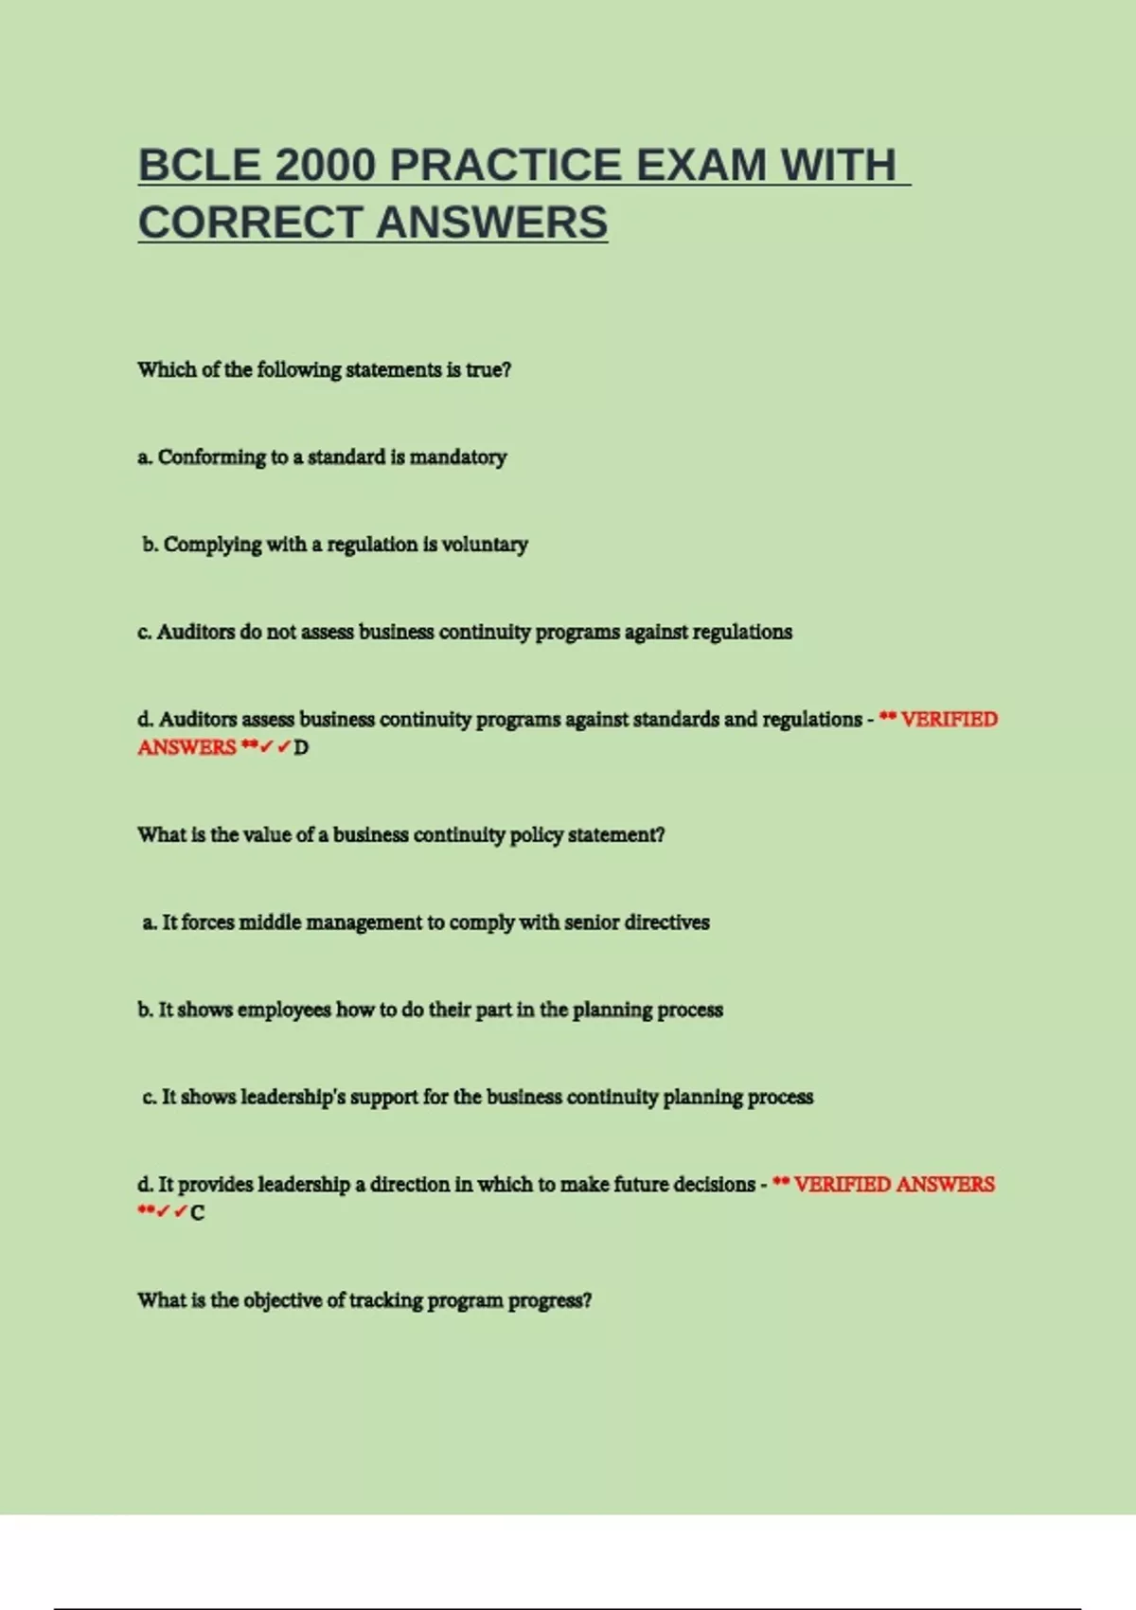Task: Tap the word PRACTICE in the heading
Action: click(x=506, y=166)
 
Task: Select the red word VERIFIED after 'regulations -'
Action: click(x=949, y=720)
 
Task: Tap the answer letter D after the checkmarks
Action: click(x=301, y=748)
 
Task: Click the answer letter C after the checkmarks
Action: click(x=197, y=1213)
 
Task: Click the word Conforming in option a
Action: click(x=212, y=457)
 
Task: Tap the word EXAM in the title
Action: click(x=701, y=166)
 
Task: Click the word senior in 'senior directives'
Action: click(x=592, y=922)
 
